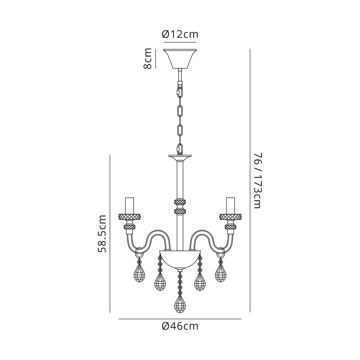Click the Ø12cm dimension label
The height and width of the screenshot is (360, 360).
tap(180, 34)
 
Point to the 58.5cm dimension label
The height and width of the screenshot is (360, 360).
tap(102, 234)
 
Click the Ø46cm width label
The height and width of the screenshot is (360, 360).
tap(180, 326)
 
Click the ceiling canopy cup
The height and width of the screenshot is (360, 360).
tap(180, 58)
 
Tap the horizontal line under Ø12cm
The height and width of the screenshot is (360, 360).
tap(180, 42)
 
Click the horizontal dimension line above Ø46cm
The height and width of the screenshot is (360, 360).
tap(180, 319)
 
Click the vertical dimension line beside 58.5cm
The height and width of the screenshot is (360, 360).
tap(110, 234)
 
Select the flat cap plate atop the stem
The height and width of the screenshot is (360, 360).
tap(180, 157)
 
